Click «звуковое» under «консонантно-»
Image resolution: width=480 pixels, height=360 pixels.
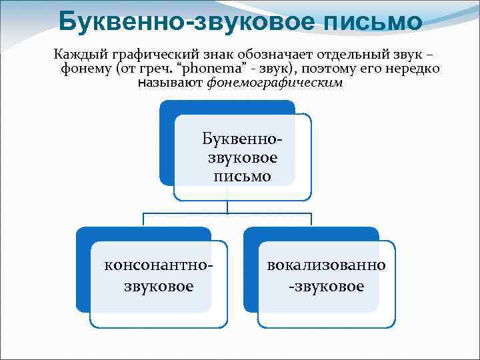(x=159, y=286)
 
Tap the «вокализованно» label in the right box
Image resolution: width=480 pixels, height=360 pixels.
(x=326, y=265)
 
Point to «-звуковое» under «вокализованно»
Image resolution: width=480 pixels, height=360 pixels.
(x=326, y=286)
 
